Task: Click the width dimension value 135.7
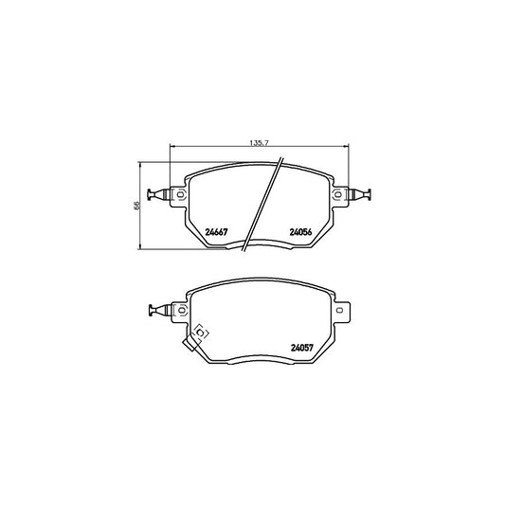[x=259, y=143]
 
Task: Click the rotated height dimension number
[x=136, y=206]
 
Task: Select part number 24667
[x=216, y=232]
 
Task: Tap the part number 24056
[x=300, y=232]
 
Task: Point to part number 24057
[x=302, y=348]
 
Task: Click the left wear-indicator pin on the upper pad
[x=158, y=194]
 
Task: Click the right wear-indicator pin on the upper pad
[x=359, y=194]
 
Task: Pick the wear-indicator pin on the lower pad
[x=160, y=310]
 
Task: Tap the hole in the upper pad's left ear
[x=180, y=194]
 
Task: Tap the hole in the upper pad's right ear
[x=338, y=194]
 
